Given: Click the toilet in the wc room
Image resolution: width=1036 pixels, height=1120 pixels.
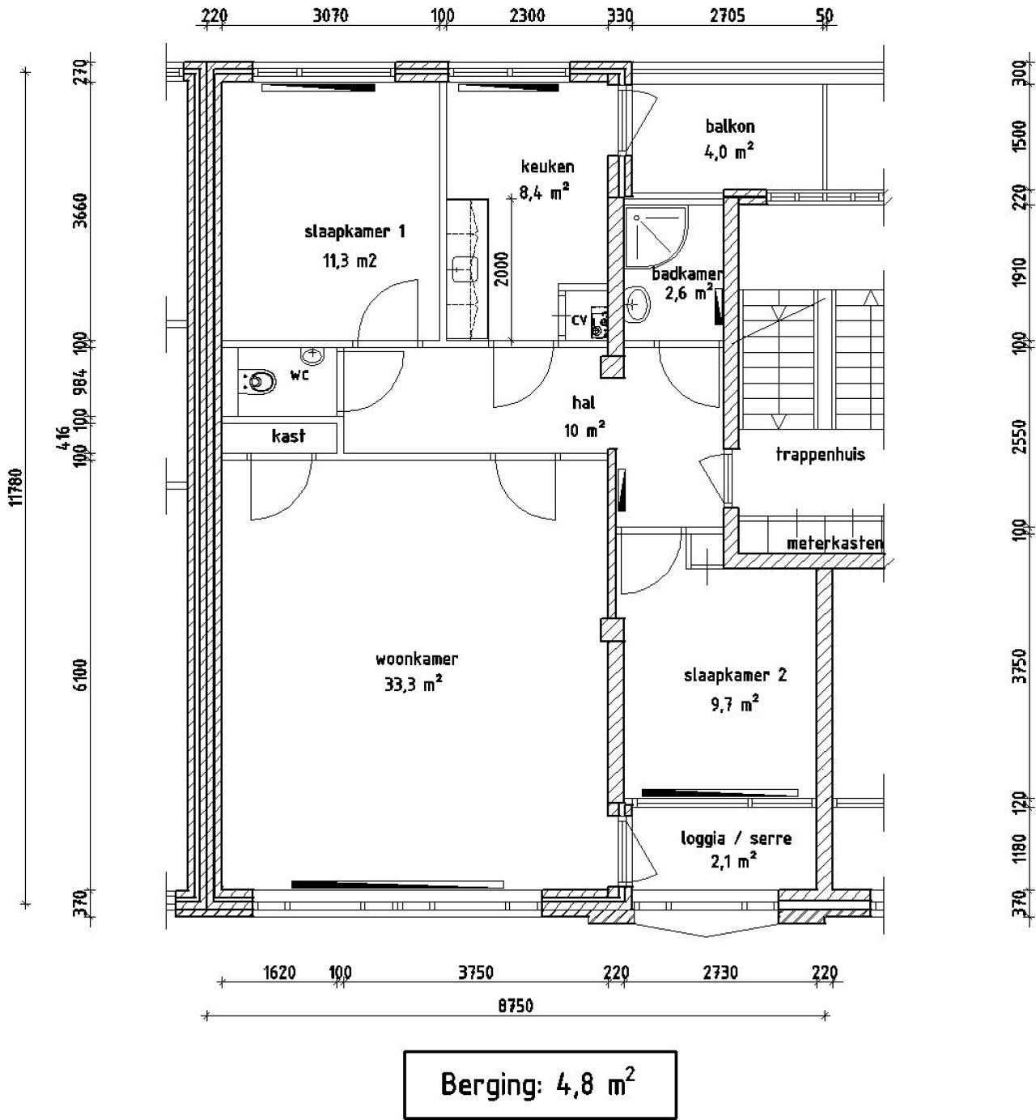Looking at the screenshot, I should pyautogui.click(x=257, y=381).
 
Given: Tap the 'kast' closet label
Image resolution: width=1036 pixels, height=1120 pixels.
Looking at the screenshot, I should pyautogui.click(x=288, y=436).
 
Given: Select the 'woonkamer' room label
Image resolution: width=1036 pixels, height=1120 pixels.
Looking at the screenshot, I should pyautogui.click(x=416, y=659).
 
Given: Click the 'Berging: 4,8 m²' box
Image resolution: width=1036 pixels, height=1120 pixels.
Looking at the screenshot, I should pyautogui.click(x=539, y=1084).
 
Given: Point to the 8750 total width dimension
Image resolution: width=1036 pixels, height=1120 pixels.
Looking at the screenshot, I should pyautogui.click(x=516, y=1006).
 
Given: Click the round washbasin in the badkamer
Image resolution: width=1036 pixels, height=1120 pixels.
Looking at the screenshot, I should pyautogui.click(x=638, y=307).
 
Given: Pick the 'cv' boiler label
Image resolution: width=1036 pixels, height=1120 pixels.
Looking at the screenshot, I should pyautogui.click(x=579, y=320).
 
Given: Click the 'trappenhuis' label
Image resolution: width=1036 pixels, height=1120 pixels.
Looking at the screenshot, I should pyautogui.click(x=820, y=454).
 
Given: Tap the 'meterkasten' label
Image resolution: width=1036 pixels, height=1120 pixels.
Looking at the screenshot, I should pyautogui.click(x=834, y=543).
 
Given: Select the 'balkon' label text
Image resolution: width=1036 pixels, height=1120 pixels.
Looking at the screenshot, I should pyautogui.click(x=729, y=126).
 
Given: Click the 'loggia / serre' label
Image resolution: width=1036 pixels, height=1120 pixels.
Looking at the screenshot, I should pyautogui.click(x=736, y=838).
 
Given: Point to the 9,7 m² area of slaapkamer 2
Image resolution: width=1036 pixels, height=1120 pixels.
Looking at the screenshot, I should pyautogui.click(x=734, y=704).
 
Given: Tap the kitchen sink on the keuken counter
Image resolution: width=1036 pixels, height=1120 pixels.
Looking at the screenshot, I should pyautogui.click(x=462, y=266).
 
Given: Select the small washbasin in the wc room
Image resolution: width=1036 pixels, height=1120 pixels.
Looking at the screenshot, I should pyautogui.click(x=312, y=355).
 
